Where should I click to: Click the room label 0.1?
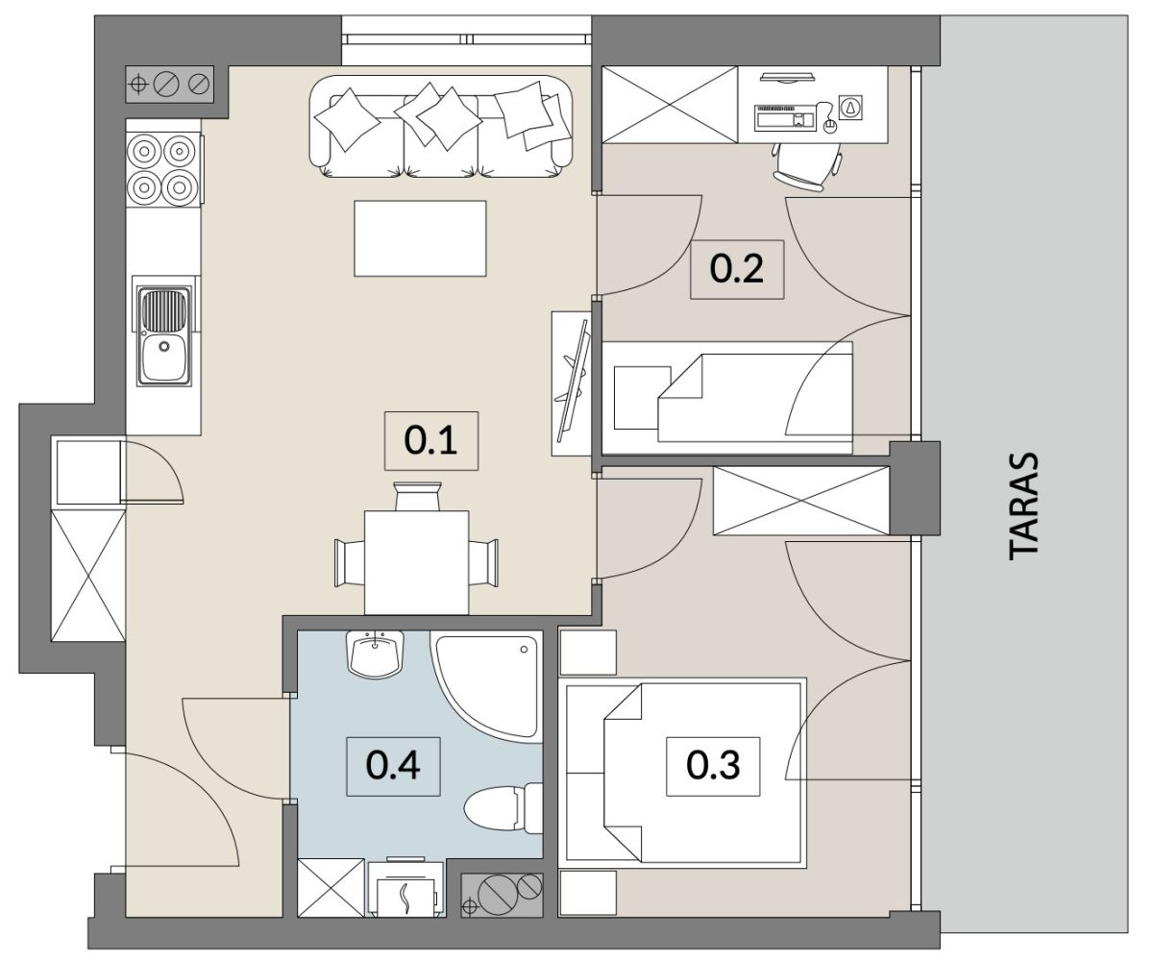pos(430,441)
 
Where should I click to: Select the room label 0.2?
pos(737,269)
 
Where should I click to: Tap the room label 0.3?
pos(713,766)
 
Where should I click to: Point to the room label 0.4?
pos(393,766)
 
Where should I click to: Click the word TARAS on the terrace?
pos(1024,507)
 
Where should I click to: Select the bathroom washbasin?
pos(375,654)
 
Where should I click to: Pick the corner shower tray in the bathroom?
pos(486,686)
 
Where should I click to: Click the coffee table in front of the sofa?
pos(420,238)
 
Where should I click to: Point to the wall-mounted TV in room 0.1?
pos(572,382)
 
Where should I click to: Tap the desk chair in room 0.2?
pos(806,165)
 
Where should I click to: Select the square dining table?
pos(416,562)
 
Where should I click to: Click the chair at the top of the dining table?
pos(417,496)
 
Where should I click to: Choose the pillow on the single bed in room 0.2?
pos(642,398)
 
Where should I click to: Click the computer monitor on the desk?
pos(788,76)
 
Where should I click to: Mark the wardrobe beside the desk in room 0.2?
pos(670,105)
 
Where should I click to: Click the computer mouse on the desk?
pos(828,127)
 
